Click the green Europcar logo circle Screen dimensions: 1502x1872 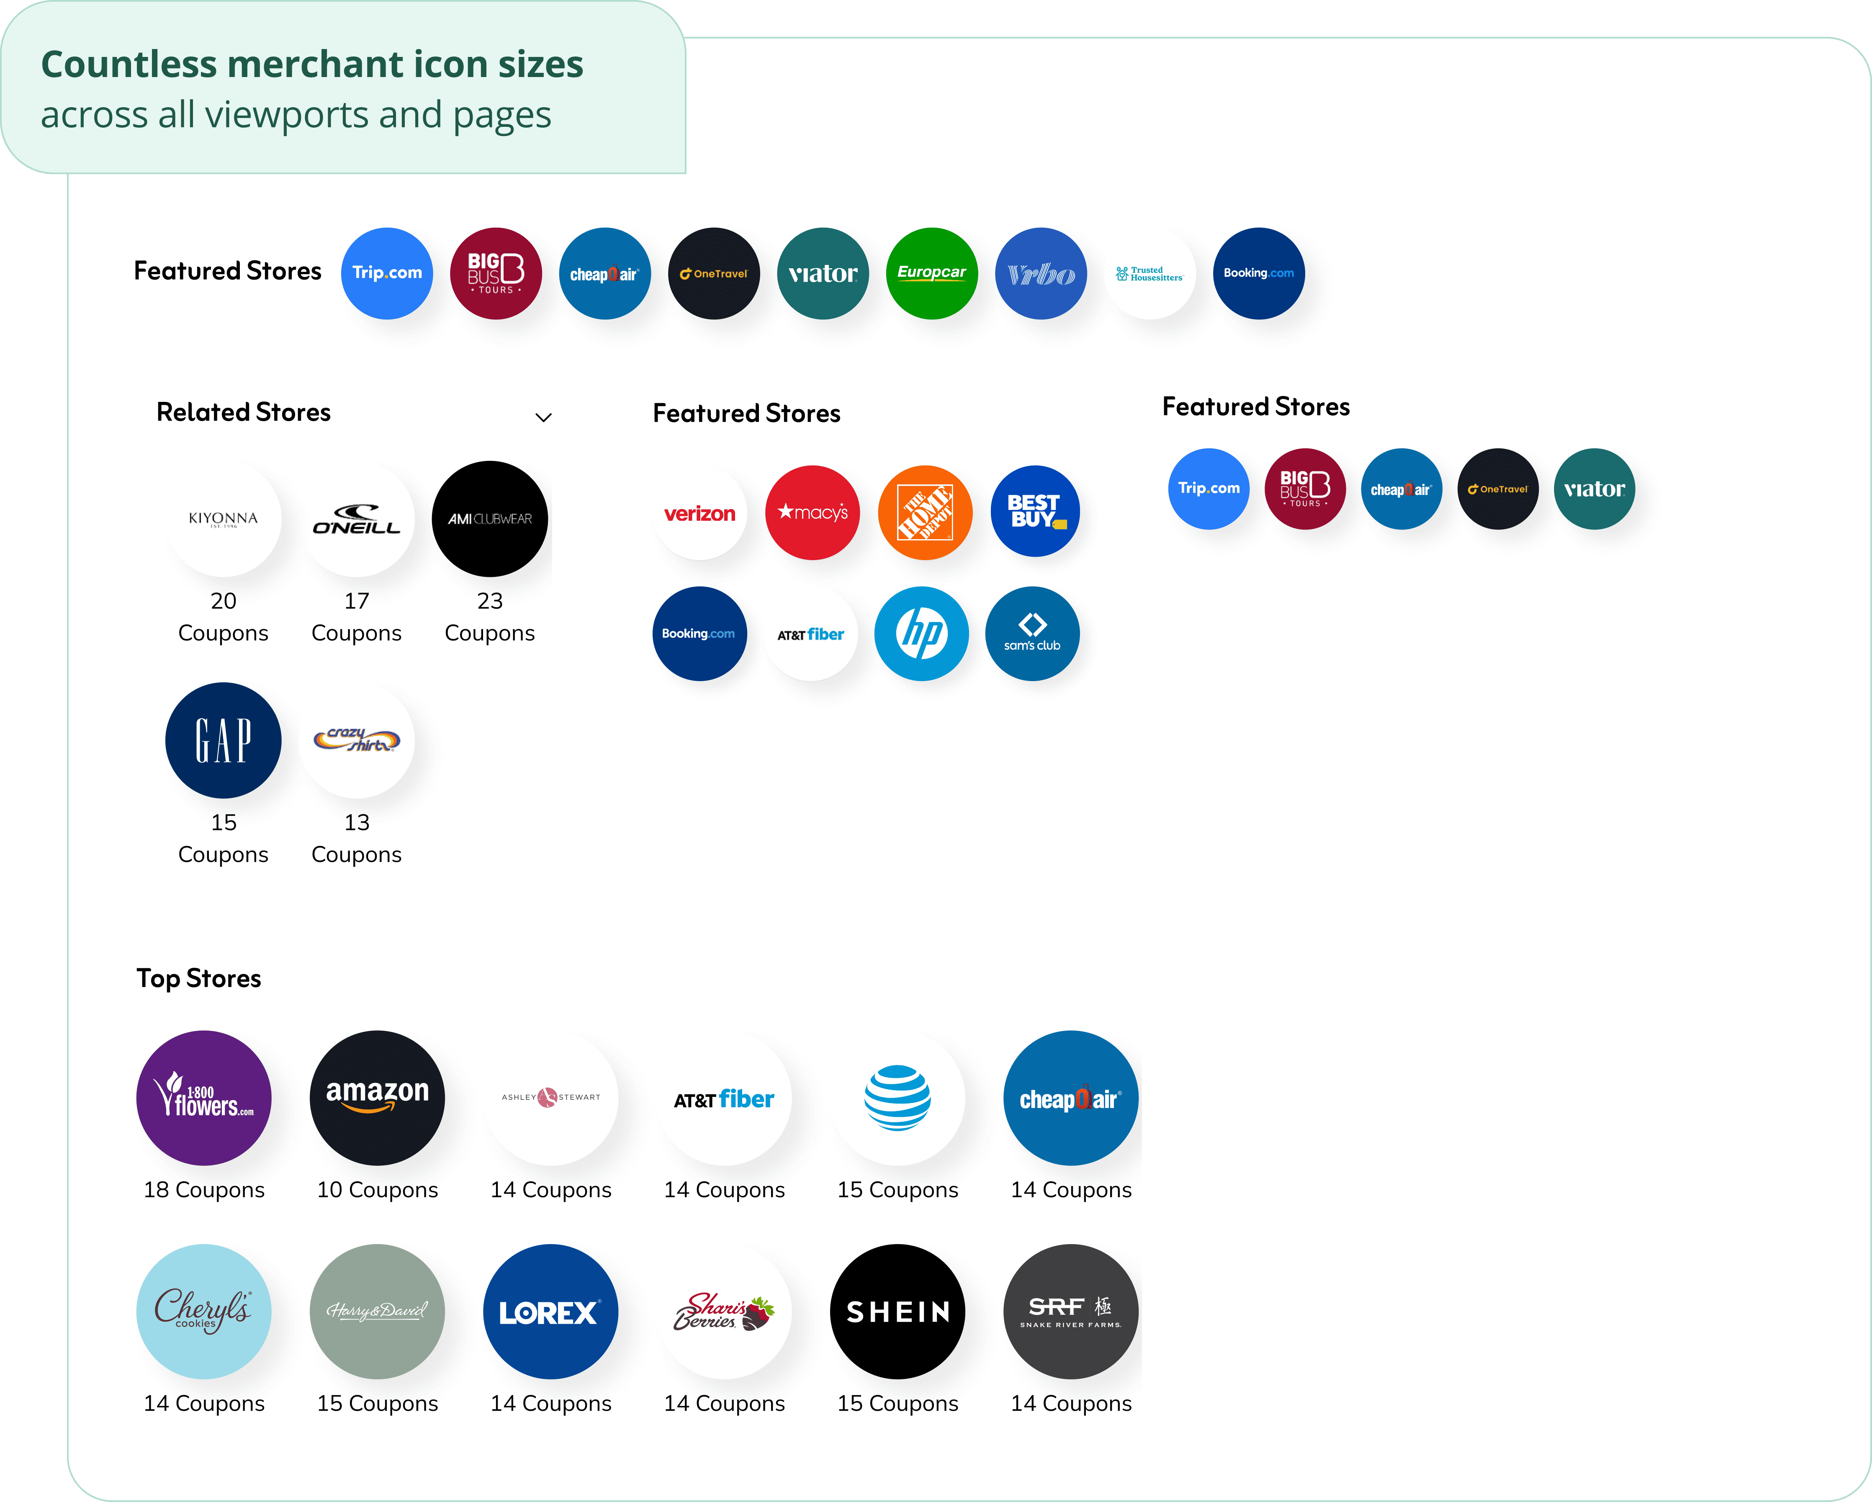point(932,273)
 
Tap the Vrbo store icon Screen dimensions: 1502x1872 point(1040,273)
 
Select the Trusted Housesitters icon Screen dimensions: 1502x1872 point(1149,273)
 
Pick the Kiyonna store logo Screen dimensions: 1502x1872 point(223,519)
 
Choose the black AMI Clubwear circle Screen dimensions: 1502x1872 point(490,519)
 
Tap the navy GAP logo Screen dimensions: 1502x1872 point(223,741)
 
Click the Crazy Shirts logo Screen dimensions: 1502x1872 point(357,741)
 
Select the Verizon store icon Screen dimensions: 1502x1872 point(700,513)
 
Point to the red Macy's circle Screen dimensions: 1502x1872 point(812,513)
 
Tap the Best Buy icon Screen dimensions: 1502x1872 point(1035,512)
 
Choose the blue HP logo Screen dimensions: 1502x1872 point(921,634)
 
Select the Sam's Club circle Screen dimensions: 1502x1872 point(1032,634)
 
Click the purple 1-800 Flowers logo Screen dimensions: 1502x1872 point(204,1098)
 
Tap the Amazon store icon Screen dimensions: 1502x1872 point(378,1098)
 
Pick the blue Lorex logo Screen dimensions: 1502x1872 point(550,1312)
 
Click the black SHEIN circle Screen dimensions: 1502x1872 point(898,1312)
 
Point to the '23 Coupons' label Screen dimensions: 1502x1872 point(490,617)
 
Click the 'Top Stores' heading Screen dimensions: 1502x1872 point(199,978)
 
